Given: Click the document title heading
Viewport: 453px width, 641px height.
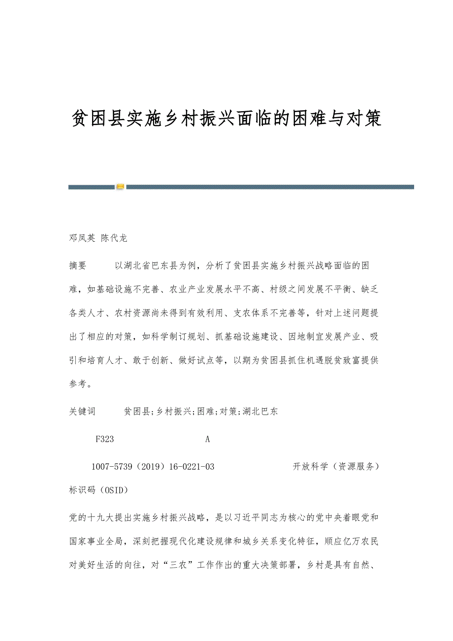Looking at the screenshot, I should (226, 119).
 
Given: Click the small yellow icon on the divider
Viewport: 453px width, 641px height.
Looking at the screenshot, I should (120, 187).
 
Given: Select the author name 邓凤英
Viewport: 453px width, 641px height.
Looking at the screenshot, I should (82, 238).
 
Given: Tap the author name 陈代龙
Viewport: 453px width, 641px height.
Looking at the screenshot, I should (114, 238).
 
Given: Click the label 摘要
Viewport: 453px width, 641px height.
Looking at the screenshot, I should (78, 266).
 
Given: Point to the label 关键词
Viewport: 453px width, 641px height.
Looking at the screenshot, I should (82, 412).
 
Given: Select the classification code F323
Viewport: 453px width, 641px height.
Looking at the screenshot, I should (105, 439).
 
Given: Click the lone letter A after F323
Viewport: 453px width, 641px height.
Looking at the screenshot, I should (207, 439).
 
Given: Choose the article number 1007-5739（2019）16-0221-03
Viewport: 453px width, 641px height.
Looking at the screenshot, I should (153, 467).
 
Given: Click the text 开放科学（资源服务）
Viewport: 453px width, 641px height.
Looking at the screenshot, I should (336, 467).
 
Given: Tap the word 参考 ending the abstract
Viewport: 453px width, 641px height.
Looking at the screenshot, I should (78, 385).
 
